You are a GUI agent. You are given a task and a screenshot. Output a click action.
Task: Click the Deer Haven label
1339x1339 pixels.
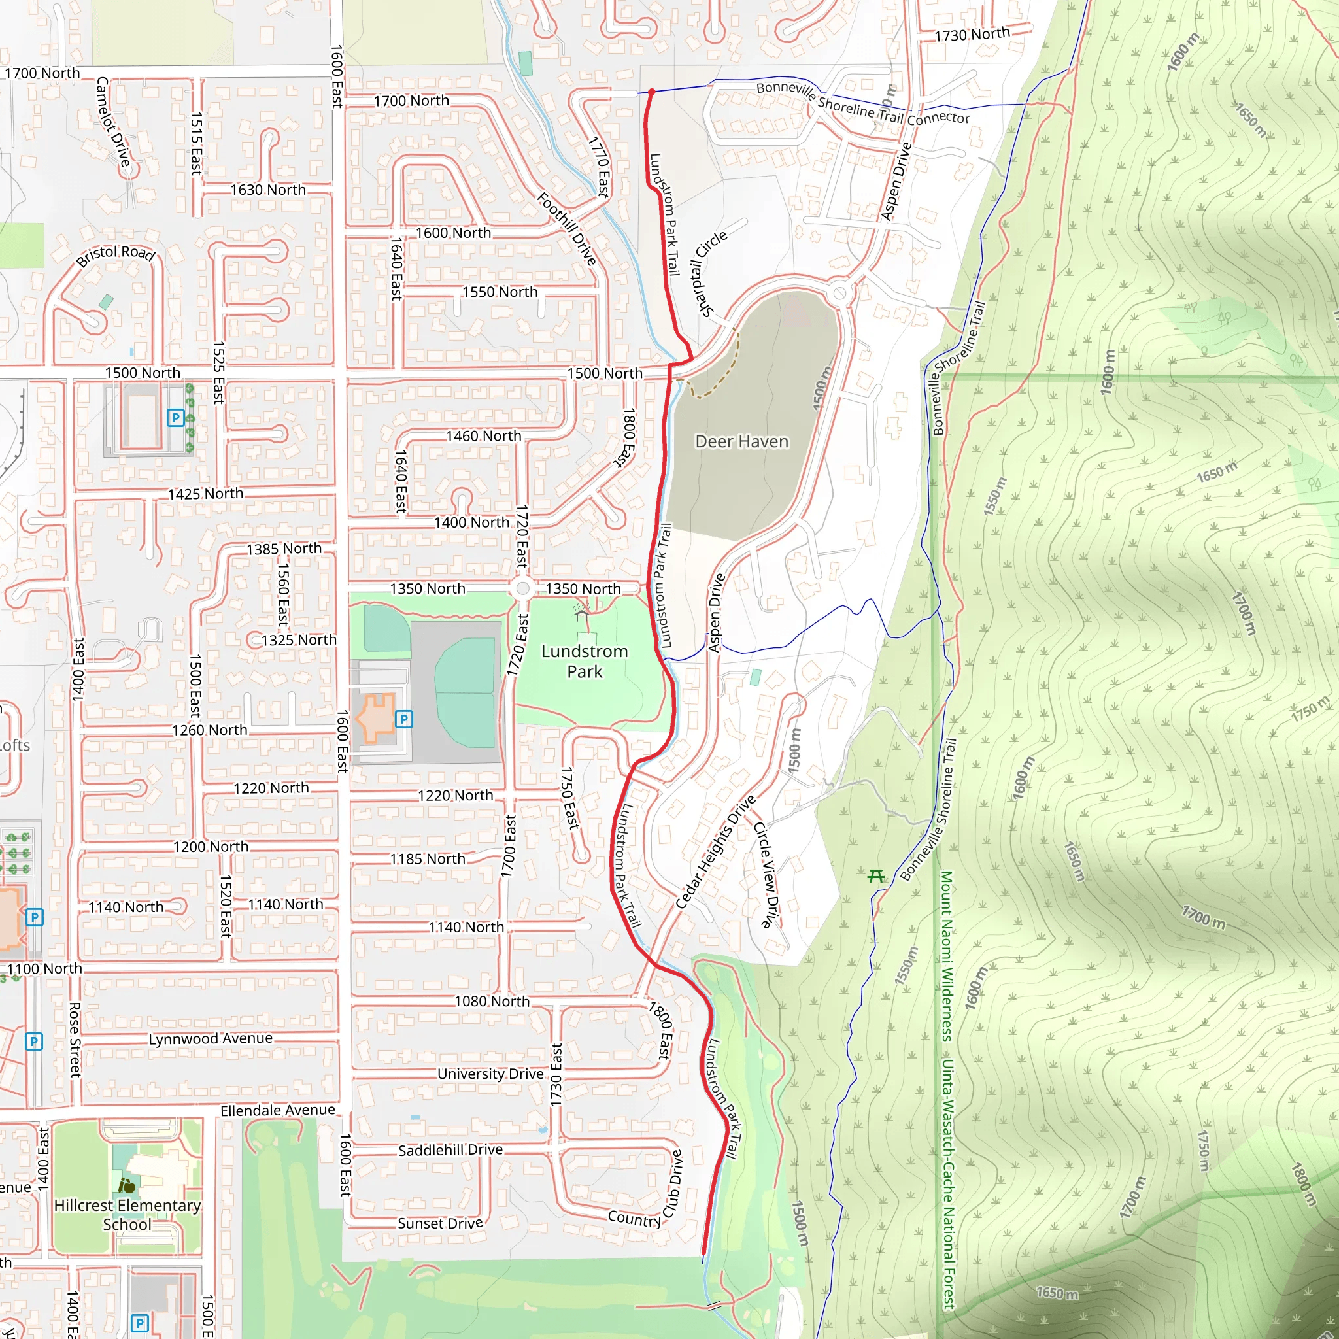tap(741, 441)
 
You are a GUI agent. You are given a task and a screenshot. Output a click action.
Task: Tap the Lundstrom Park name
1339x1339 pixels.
tap(585, 661)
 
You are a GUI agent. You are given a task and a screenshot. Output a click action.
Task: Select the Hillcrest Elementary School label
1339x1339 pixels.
tap(127, 1215)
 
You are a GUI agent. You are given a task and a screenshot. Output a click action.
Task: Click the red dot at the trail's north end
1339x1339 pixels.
tap(651, 92)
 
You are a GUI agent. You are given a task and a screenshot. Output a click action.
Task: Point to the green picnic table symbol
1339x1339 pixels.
tap(876, 876)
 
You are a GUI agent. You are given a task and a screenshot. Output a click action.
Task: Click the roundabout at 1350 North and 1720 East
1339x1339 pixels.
tap(523, 589)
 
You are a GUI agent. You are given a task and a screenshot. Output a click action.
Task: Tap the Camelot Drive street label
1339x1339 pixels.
tap(113, 122)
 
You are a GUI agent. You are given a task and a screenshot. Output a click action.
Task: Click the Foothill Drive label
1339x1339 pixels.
tap(567, 229)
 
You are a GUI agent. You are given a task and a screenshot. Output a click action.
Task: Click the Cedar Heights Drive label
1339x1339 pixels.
tap(715, 852)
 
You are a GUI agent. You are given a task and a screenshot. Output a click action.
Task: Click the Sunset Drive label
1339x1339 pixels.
tap(440, 1223)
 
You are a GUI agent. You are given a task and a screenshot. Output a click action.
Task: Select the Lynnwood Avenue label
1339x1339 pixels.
tap(211, 1039)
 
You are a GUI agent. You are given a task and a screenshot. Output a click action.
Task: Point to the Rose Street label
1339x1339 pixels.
tap(75, 1040)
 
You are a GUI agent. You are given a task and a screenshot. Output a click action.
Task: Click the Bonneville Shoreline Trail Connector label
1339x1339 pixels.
tap(863, 104)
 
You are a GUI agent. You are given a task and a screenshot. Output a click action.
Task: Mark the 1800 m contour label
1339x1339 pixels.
tap(1303, 1185)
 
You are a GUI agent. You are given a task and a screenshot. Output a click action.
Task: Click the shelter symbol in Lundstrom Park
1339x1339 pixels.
tap(581, 612)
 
